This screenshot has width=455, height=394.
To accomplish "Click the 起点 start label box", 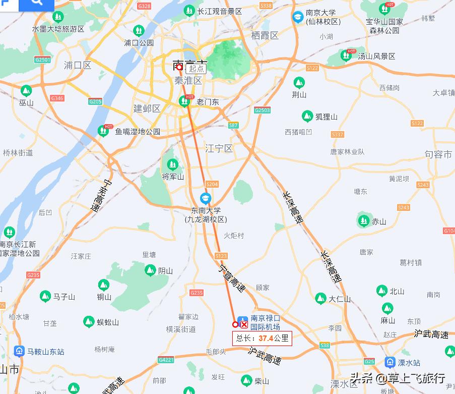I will pyautogui.click(x=197, y=69).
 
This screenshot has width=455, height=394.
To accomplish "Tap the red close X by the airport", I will pyautogui.click(x=244, y=324).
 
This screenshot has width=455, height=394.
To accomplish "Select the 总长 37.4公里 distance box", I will pyautogui.click(x=262, y=339).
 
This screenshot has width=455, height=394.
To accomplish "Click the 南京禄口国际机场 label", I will pyautogui.click(x=266, y=323).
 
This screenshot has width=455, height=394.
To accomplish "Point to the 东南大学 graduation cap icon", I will pyautogui.click(x=206, y=198).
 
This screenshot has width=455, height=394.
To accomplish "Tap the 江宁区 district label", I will pyautogui.click(x=219, y=148).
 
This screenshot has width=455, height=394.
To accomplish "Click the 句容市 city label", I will pyautogui.click(x=438, y=154).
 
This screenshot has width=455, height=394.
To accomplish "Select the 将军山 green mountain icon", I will pyautogui.click(x=173, y=164).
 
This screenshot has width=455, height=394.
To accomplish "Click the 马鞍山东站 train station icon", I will pyautogui.click(x=19, y=351).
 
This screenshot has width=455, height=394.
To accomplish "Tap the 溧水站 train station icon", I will pyautogui.click(x=390, y=362).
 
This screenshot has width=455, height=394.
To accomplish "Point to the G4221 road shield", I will pyautogui.click(x=166, y=360).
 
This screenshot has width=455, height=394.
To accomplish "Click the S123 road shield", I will pyautogui.click(x=221, y=256).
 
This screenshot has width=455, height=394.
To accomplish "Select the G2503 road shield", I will pyautogui.click(x=263, y=110).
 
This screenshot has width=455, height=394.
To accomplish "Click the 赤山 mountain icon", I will pyautogui.click(x=363, y=220).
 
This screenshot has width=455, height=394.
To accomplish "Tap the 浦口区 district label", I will pyautogui.click(x=78, y=65).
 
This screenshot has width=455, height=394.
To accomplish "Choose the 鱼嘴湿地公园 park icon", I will pyautogui.click(x=104, y=131).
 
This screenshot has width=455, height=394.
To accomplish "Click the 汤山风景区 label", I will pyautogui.click(x=376, y=56).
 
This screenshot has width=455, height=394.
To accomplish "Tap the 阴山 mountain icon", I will pyautogui.click(x=150, y=270).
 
